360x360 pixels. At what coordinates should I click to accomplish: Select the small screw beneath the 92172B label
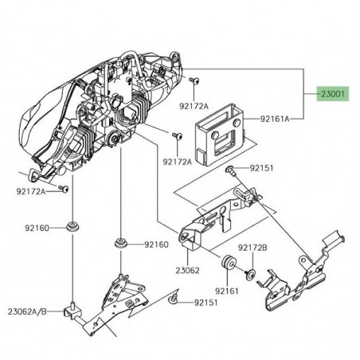click(249, 275)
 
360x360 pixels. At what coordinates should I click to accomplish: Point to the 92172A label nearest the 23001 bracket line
click(193, 105)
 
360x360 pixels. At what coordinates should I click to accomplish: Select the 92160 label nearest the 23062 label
click(156, 245)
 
